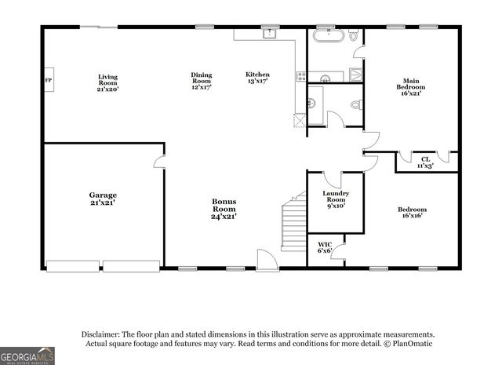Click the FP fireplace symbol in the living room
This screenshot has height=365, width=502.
49,80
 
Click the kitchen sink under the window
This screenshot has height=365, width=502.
269,34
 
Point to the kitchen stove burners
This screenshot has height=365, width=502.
301,76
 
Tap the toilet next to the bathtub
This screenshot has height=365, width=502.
354,35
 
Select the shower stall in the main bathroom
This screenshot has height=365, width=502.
355,75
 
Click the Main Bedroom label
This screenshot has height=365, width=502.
410,85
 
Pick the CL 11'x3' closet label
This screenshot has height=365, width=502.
425,162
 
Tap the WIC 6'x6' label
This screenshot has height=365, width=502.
325,249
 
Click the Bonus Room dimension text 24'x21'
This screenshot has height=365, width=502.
224,216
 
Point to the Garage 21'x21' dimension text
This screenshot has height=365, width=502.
103,203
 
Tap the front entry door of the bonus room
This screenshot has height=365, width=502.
267,261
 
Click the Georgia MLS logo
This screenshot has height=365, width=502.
27,356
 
